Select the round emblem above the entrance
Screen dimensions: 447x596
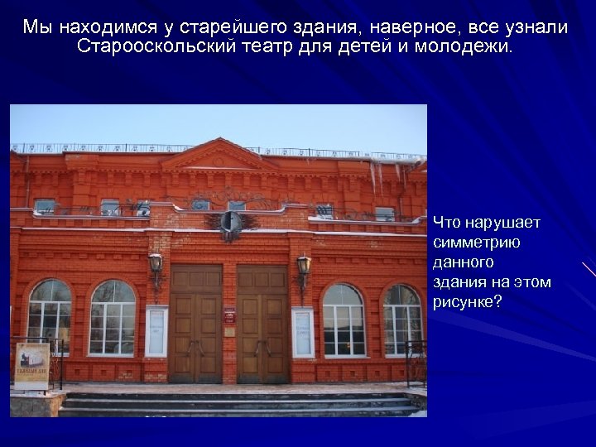pos(230,223)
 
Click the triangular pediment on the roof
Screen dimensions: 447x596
pos(219,156)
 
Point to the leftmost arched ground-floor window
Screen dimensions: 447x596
pos(50,316)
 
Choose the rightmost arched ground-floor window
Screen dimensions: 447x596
pos(402,319)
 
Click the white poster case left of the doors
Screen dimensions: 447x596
pos(156,331)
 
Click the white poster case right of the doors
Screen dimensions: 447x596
pos(302,332)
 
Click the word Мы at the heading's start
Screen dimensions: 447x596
pos(38,26)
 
